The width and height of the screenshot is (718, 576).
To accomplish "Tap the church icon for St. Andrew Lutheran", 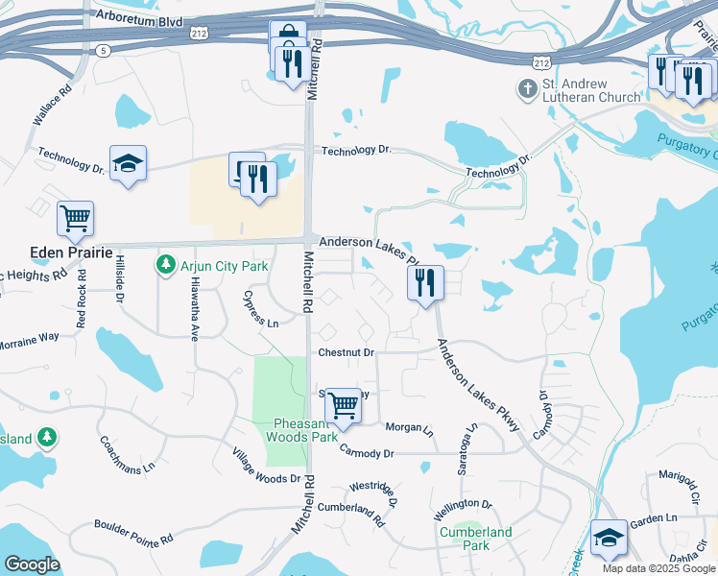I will click(x=527, y=90).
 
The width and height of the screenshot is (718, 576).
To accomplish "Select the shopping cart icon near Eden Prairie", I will click(x=75, y=218).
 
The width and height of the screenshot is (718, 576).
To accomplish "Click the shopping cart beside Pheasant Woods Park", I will click(x=343, y=405).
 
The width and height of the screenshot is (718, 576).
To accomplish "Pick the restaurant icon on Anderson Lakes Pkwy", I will click(x=425, y=282).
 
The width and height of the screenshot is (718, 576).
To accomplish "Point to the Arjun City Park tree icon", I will click(x=166, y=262).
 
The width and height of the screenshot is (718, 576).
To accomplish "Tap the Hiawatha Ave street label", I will click(x=193, y=318).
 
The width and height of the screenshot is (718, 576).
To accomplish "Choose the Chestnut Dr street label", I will click(x=346, y=352).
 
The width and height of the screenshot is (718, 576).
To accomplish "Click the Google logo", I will click(x=31, y=564).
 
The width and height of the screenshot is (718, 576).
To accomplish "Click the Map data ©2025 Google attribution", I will click(x=658, y=568).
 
